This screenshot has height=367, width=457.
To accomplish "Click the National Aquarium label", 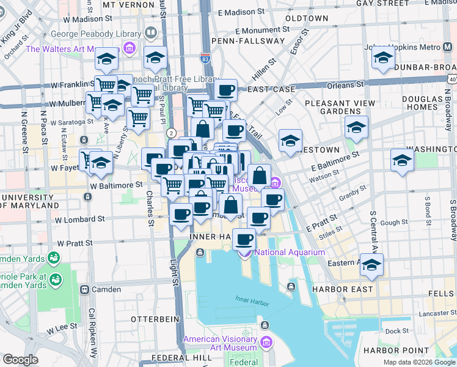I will [290, 252].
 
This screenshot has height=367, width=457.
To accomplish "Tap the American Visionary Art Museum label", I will [220, 343].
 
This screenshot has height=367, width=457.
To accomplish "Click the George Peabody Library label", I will [96, 34].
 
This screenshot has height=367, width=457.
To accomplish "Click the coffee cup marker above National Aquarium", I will [244, 239].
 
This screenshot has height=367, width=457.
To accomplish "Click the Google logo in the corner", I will [20, 360].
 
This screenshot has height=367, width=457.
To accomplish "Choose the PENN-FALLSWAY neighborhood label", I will [247, 41].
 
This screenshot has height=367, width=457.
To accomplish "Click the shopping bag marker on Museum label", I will [259, 176].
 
